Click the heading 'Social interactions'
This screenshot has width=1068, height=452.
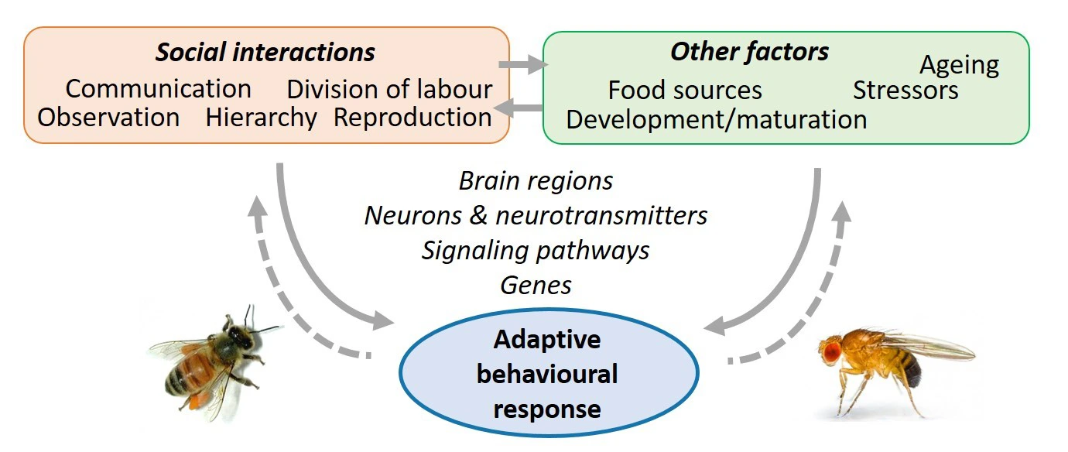pos(265,53)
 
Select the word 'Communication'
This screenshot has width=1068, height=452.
pos(158,89)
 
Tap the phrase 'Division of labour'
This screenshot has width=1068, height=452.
pos(389,89)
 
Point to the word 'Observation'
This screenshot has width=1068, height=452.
pos(108,118)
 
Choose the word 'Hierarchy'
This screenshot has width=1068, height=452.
pos(261,118)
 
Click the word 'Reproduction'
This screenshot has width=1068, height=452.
pos(412,118)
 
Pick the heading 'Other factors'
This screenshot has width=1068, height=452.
pos(749,52)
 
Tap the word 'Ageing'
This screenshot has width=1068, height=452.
pos(959,66)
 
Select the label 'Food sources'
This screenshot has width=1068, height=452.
pos(685,91)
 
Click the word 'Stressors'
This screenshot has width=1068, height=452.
pos(905,91)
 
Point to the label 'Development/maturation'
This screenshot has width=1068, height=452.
pos(717,120)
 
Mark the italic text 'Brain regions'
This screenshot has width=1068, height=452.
pos(536,181)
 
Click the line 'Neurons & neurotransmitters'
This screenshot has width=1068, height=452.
pos(536,215)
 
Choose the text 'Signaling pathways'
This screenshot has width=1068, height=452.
pos(536,250)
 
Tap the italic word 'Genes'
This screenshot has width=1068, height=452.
pos(536,285)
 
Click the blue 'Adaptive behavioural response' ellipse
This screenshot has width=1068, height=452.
pos(547,374)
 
